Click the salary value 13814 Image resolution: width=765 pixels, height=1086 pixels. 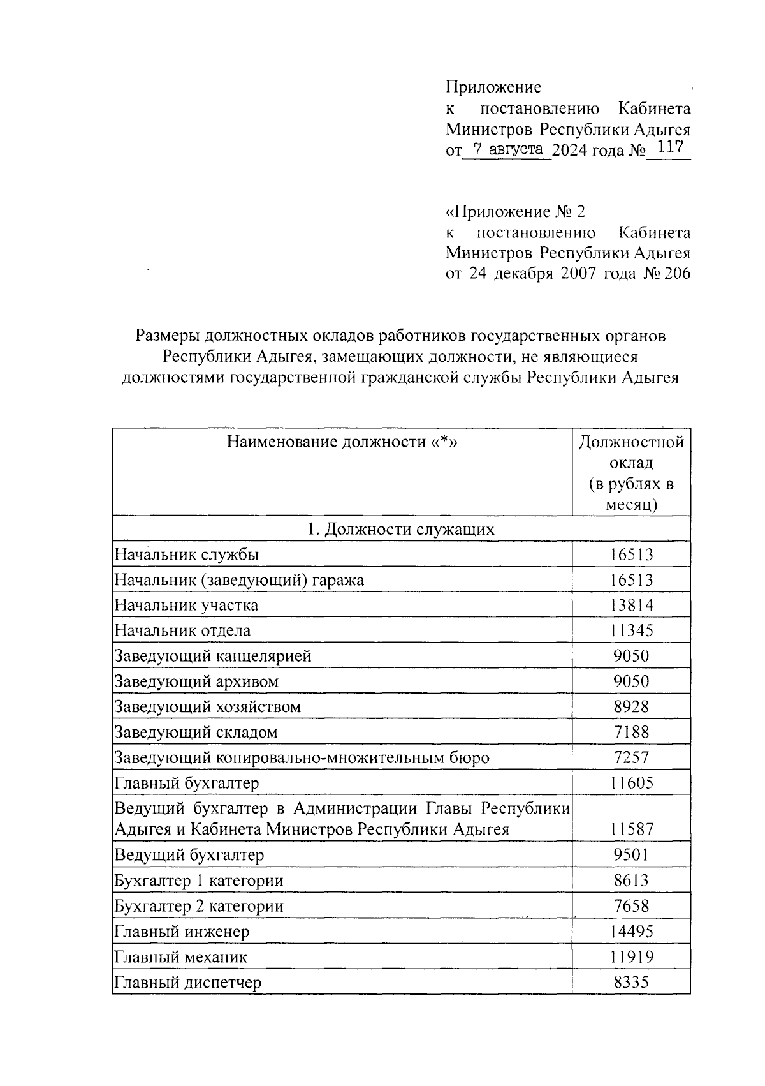pos(631,605)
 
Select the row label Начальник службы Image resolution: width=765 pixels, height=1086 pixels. pos(187,554)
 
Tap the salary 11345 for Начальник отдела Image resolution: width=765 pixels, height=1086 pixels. pos(631,630)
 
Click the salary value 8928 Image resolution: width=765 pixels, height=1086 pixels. pos(631,707)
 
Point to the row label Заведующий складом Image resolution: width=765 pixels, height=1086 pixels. pos(196,733)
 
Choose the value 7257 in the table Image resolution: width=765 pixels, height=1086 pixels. pos(631,758)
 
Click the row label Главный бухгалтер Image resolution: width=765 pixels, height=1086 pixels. pos(187,783)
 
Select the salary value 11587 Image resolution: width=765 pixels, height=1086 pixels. pos(631,829)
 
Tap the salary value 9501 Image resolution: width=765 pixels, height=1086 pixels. pos(631,855)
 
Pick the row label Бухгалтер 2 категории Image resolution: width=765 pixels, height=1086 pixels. pos(198,906)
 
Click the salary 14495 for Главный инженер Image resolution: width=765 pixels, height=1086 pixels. pos(631,932)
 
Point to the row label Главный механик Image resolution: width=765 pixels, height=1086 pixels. pos(180,957)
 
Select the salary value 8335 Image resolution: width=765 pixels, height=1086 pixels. pos(631,983)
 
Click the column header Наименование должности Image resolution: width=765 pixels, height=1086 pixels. pos(342,442)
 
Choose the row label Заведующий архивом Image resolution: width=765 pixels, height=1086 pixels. pos(196,681)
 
